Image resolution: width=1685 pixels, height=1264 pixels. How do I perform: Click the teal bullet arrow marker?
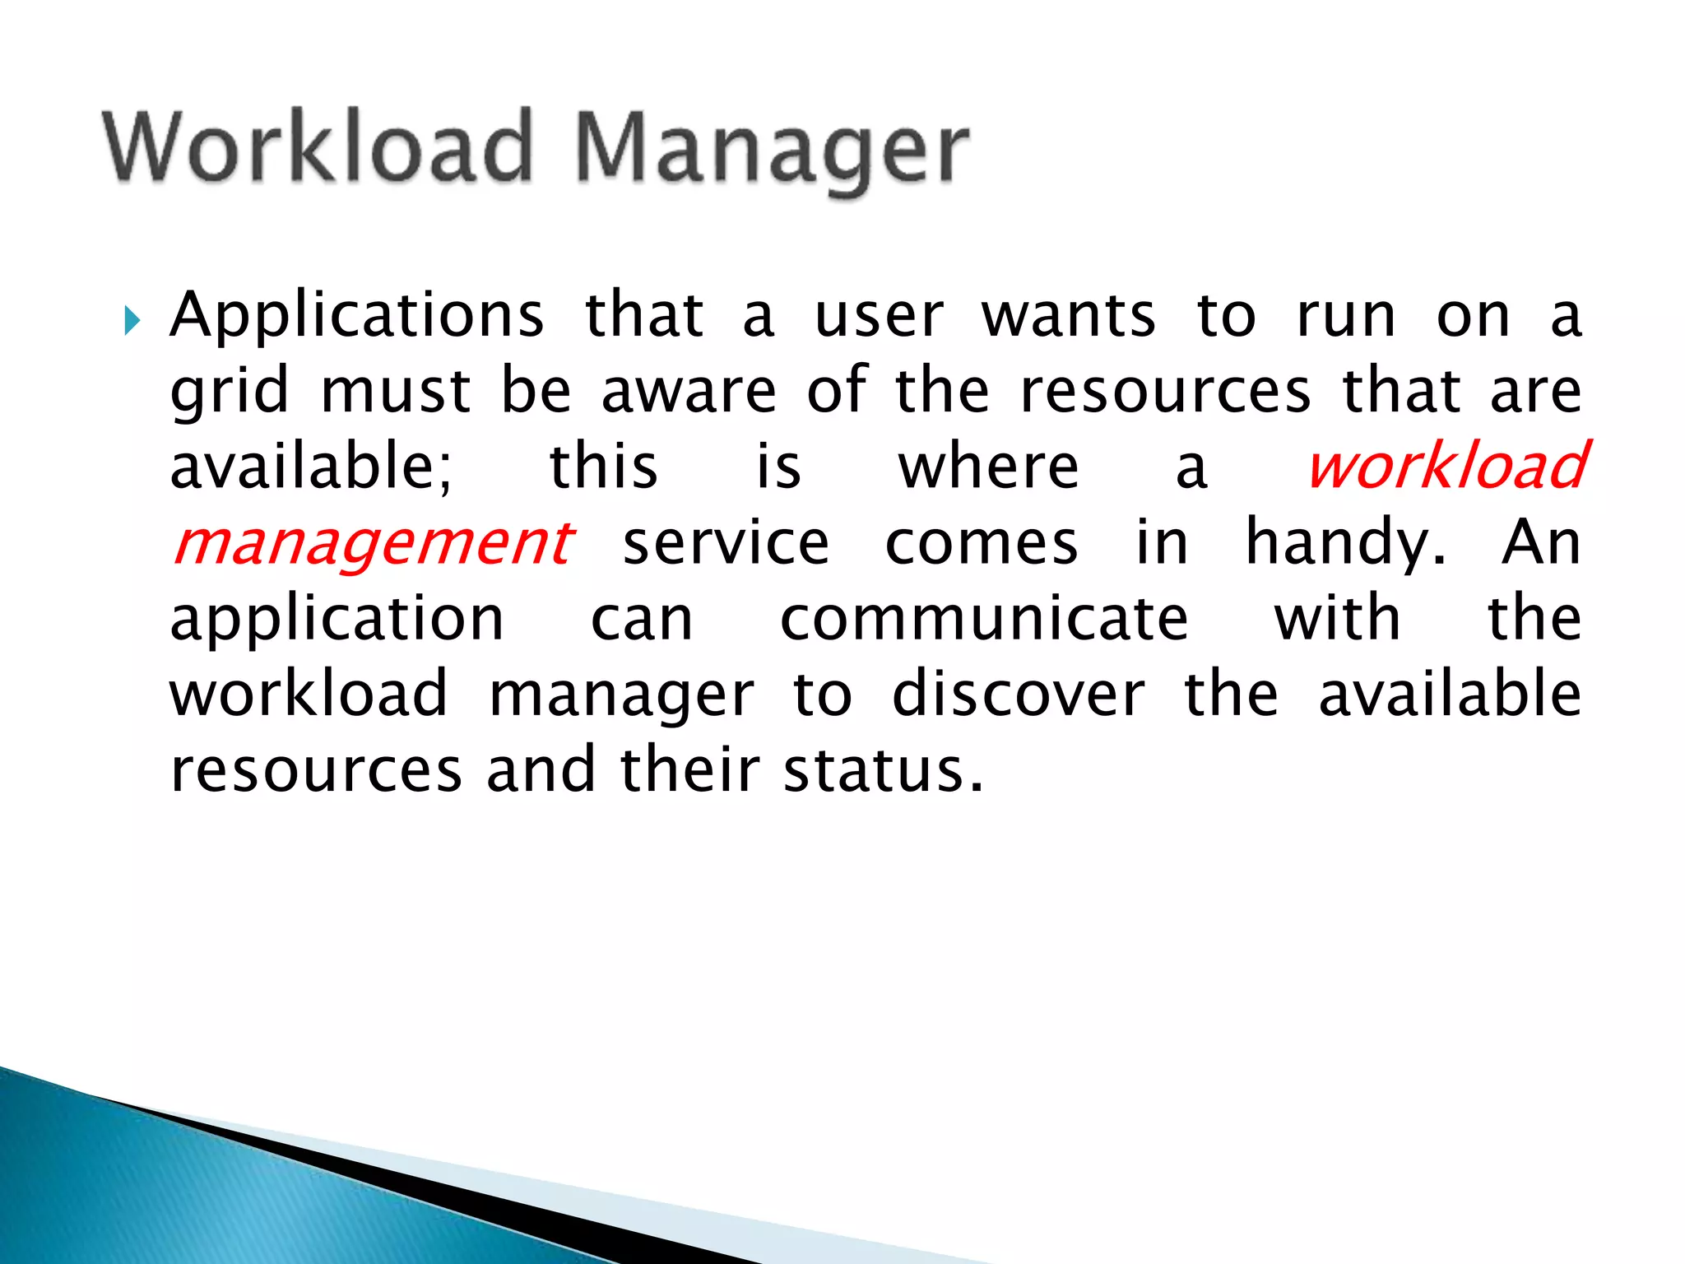coord(132,320)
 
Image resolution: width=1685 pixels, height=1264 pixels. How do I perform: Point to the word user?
coord(878,317)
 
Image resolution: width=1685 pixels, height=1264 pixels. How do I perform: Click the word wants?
coord(1068,317)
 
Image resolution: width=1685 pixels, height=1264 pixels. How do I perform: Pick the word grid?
coord(230,393)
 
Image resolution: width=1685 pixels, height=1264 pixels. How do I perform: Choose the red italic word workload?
coord(1446,466)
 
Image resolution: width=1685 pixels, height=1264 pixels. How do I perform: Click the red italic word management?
coord(373,545)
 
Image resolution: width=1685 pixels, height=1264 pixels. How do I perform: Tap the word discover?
coord(1018,695)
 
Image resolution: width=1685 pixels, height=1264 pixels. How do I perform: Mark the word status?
coord(882,771)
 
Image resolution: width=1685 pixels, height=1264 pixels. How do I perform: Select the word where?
coord(987,467)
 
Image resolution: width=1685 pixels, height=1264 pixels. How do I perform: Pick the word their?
coord(689,771)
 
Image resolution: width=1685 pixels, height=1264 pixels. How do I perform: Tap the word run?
coord(1345,317)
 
